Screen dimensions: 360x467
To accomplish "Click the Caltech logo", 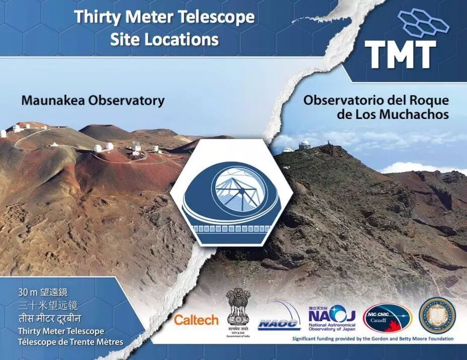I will tap(196, 320).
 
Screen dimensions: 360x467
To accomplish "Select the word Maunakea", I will tap(53, 100).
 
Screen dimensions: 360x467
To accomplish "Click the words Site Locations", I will tap(164, 39).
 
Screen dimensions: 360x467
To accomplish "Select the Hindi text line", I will tap(49, 319).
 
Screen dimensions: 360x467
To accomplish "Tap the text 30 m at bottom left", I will tap(27, 292).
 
